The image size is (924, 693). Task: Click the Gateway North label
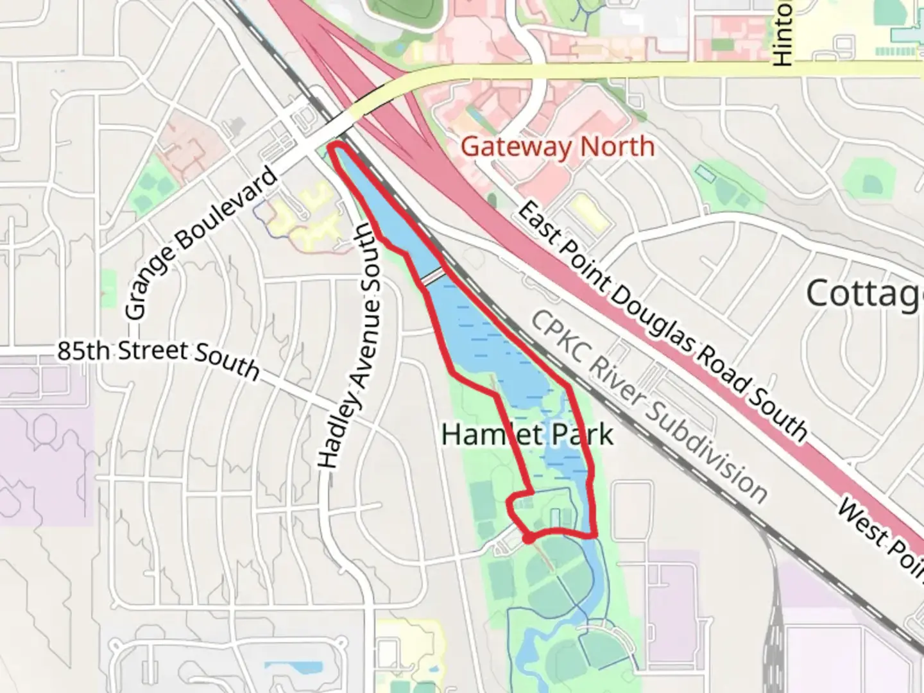coord(558,147)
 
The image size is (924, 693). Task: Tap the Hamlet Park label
coord(527,435)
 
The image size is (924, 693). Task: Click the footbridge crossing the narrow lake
coord(432,276)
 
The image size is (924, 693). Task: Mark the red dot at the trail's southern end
coord(528,539)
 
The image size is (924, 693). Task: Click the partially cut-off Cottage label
coord(864,294)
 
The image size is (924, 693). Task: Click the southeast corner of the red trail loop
coord(595,535)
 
